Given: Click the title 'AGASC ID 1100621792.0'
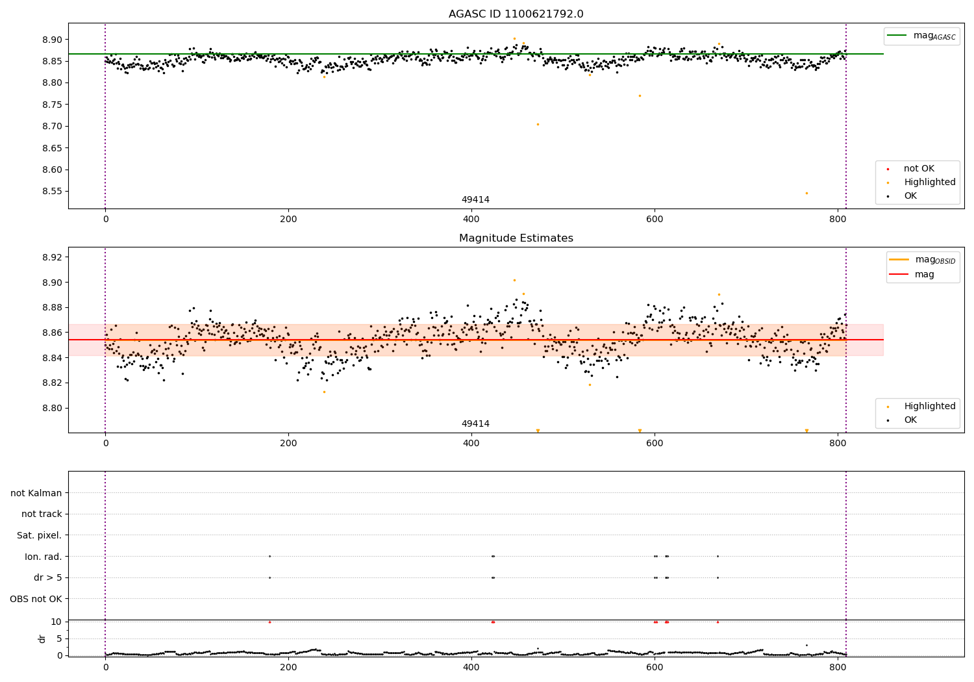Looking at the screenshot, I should (x=516, y=14).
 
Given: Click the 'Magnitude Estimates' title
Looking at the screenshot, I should (x=516, y=238).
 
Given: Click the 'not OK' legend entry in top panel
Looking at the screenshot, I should (x=918, y=169).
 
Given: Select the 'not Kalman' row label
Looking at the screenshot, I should (x=36, y=494).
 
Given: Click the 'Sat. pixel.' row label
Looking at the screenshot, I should (x=39, y=536).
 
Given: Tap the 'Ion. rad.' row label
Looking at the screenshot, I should (x=44, y=557).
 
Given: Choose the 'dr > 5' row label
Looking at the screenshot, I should (x=47, y=578).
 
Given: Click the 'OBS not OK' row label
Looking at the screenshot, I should (x=36, y=599).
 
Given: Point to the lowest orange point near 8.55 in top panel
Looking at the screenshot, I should (x=806, y=193).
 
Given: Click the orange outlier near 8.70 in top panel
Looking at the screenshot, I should (x=538, y=124).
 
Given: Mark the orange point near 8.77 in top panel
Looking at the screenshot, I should (x=640, y=95).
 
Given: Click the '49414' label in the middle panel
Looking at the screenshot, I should (x=475, y=424).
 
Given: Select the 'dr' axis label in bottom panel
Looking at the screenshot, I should (x=42, y=638).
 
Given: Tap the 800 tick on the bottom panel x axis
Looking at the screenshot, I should (x=838, y=666).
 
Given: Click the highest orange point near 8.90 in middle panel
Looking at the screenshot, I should (x=514, y=281).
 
